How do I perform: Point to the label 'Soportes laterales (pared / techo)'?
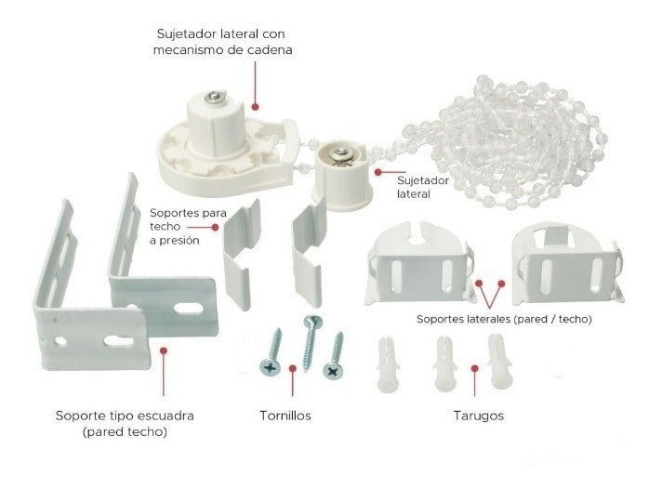[x=503, y=319]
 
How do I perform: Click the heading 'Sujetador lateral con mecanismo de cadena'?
[x=222, y=41]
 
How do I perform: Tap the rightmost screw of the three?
[x=335, y=357]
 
